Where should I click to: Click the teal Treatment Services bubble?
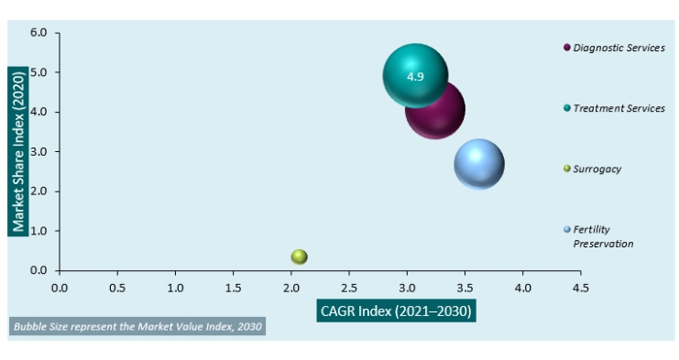[x=415, y=77]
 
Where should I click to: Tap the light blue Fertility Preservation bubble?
[x=478, y=165]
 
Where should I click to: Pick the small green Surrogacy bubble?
[x=299, y=257]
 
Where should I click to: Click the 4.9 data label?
[x=415, y=77]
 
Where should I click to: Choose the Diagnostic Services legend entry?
[x=618, y=48]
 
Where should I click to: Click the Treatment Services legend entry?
[x=618, y=108]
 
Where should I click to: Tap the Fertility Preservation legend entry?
[x=602, y=236]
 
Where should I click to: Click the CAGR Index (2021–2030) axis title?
[x=396, y=311]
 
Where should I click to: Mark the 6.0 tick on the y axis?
[x=38, y=33]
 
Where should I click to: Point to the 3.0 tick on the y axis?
[x=38, y=152]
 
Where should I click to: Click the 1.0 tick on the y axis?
[x=38, y=231]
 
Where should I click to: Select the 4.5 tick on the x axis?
[x=580, y=287]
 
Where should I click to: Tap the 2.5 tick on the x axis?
[x=349, y=287]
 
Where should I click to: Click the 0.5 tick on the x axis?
[x=117, y=287]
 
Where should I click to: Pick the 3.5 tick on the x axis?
[x=465, y=287]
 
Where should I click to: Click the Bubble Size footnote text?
[x=137, y=327]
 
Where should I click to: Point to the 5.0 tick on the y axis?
[x=38, y=72]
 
